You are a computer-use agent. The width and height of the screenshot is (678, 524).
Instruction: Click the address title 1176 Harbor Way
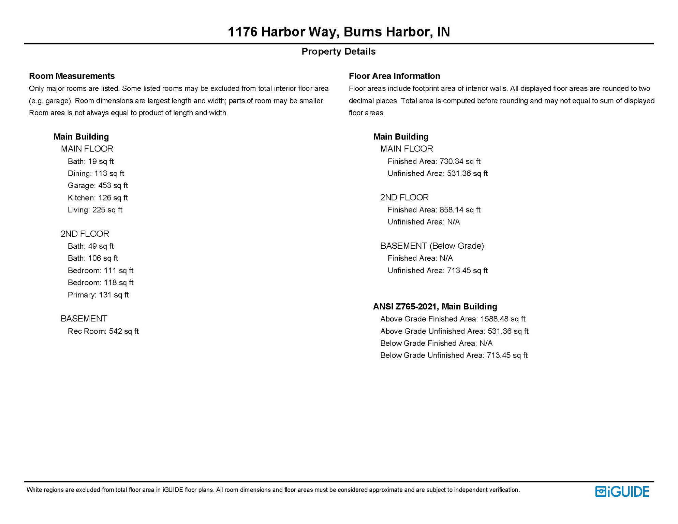[339, 32]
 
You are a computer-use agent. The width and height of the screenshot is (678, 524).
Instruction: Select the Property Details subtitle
[338, 52]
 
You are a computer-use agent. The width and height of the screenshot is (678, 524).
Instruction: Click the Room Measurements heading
[72, 76]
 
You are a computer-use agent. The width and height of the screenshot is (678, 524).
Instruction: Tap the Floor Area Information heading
[394, 76]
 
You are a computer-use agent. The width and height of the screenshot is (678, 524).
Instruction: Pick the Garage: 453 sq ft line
[98, 186]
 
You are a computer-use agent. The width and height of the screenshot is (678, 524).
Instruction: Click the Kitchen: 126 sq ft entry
[98, 198]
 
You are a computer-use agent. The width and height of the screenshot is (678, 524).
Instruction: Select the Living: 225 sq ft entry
[95, 210]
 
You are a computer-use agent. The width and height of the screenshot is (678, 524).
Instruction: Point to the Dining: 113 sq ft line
[96, 173]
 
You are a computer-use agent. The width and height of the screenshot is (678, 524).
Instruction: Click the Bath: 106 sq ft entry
[93, 258]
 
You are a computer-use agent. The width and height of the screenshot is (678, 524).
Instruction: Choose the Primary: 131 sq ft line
[98, 295]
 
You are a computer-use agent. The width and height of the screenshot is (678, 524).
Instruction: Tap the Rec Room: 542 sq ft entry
[103, 331]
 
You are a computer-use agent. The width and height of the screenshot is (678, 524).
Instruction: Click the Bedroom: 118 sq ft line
[100, 282]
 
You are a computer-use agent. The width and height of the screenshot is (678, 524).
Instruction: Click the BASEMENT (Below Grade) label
[432, 246]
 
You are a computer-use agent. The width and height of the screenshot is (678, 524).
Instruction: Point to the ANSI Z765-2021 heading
[435, 307]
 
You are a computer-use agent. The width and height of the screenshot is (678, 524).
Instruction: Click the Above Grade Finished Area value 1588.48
[503, 319]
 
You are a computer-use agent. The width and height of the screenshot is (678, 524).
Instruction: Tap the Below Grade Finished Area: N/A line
[436, 343]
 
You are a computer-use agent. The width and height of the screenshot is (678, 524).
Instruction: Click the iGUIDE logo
[622, 492]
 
